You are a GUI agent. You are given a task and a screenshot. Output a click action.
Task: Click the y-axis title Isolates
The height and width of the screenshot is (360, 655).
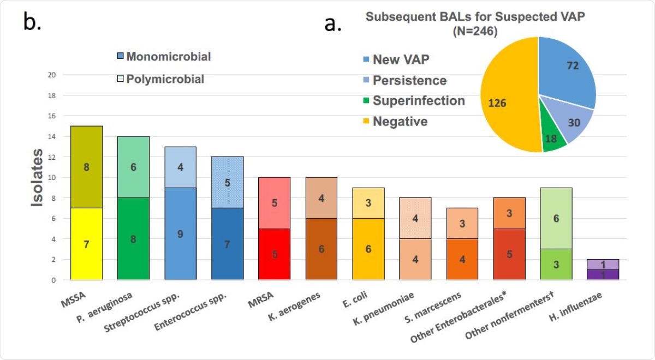[x=37, y=177]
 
